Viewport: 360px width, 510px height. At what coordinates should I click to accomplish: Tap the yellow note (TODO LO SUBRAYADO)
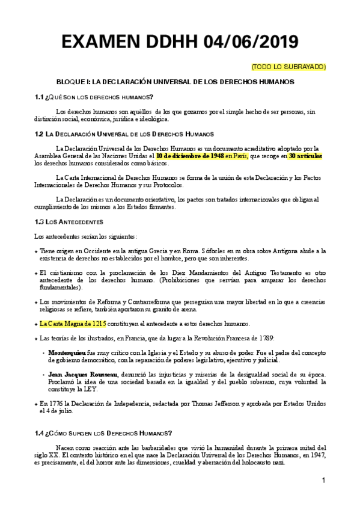(x=288, y=66)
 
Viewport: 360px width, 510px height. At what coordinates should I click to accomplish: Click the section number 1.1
(x=40, y=97)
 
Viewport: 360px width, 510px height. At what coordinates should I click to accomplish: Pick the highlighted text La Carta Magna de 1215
(x=74, y=324)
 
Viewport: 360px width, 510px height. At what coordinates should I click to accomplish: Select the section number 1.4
(x=40, y=433)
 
